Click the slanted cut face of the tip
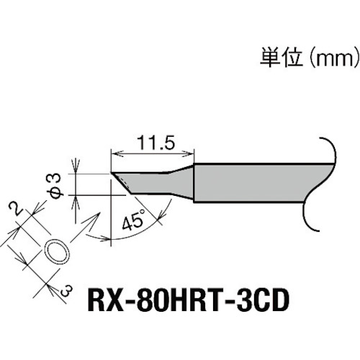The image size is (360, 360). pyautogui.click(x=122, y=183)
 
